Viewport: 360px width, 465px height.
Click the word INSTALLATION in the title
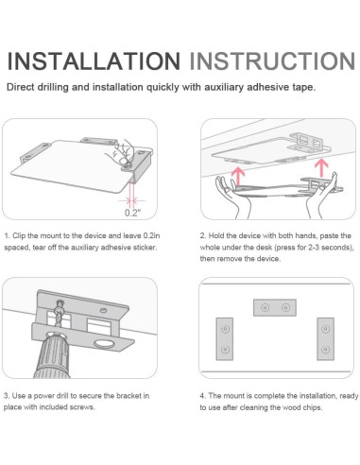[94, 60]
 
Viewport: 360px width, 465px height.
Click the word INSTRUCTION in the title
[272, 60]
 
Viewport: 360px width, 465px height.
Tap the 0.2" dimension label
[132, 213]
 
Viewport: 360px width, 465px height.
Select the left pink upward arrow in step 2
[238, 178]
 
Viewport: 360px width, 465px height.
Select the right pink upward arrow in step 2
[321, 168]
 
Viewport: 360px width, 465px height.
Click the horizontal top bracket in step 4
[275, 307]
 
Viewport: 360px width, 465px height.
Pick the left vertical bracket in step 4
[225, 339]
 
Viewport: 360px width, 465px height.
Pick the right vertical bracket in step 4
[325, 339]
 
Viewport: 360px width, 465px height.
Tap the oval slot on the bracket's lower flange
[103, 344]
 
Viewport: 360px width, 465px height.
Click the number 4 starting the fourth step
[202, 396]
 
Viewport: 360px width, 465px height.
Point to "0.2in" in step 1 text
[151, 235]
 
